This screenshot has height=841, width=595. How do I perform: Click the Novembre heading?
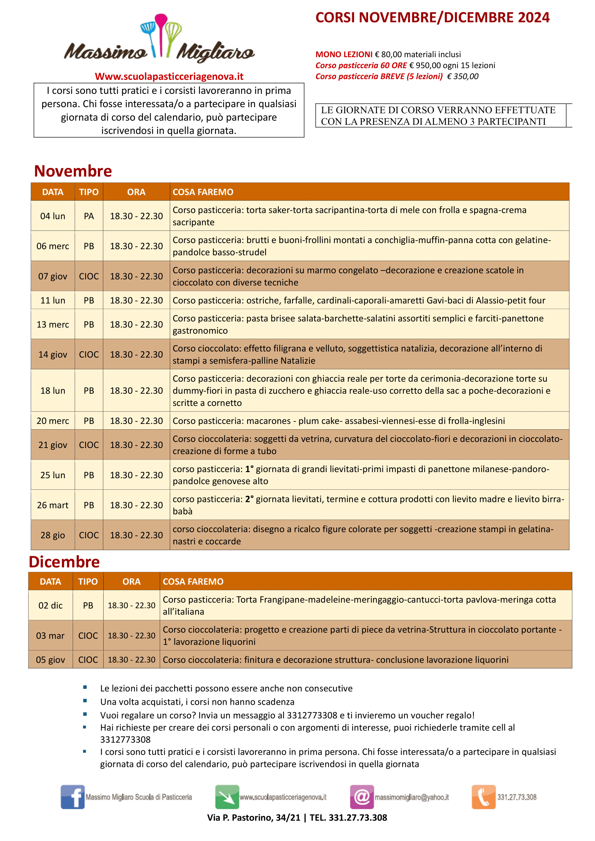tap(73, 171)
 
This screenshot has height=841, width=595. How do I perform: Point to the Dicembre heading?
tap(64, 562)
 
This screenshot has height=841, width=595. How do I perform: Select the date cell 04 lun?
tap(53, 216)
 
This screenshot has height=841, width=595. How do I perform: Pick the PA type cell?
tap(88, 216)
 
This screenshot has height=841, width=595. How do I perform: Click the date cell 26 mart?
tap(53, 505)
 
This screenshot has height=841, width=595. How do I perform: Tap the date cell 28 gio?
tap(53, 535)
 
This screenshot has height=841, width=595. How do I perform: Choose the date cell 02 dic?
tap(51, 605)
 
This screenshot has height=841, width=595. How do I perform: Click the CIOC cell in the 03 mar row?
tap(88, 635)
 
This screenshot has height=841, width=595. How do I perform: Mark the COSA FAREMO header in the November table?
tap(203, 192)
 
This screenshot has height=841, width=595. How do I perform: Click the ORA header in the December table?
tap(131, 581)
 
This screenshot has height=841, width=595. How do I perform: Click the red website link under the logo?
tap(169, 76)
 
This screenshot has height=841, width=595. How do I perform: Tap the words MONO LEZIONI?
tap(344, 54)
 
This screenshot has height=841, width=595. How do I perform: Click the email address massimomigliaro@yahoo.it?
tap(412, 797)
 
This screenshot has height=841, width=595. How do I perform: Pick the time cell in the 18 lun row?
tap(136, 390)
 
